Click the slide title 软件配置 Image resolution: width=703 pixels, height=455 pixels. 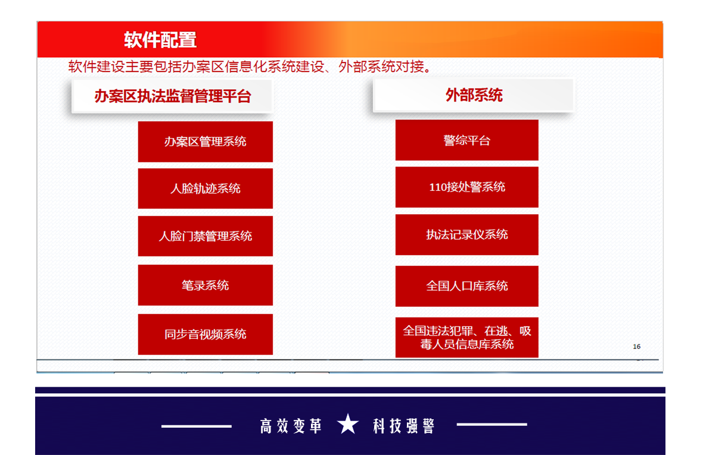tap(160, 40)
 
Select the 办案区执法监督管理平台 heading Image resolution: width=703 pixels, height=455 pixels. tap(172, 96)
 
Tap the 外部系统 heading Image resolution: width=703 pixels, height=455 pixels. tap(474, 95)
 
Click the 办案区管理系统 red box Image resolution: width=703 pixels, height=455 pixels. tap(206, 142)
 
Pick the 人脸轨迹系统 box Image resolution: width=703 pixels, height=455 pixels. tap(206, 189)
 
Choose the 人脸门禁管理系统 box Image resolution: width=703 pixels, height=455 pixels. tap(206, 236)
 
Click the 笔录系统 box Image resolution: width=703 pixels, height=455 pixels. tap(206, 285)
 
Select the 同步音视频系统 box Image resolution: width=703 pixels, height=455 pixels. tap(206, 334)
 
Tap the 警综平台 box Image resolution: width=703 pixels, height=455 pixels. tap(466, 140)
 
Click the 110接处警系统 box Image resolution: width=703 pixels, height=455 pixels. tap(466, 187)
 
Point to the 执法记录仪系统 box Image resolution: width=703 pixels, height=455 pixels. tap(466, 234)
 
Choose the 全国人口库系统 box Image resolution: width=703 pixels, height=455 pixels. tap(466, 286)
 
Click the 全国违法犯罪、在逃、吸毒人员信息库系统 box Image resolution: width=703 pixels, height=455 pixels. tap(466, 337)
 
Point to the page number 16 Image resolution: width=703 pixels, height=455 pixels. tap(637, 346)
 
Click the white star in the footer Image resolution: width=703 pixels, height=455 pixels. tap(348, 424)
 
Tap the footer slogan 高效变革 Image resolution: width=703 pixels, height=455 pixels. tap(291, 426)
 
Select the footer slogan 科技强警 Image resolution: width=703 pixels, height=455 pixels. tap(404, 426)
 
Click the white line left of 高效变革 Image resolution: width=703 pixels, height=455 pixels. tap(197, 426)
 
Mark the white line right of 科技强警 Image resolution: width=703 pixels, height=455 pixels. tap(492, 424)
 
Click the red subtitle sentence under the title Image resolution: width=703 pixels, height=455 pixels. tap(250, 67)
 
